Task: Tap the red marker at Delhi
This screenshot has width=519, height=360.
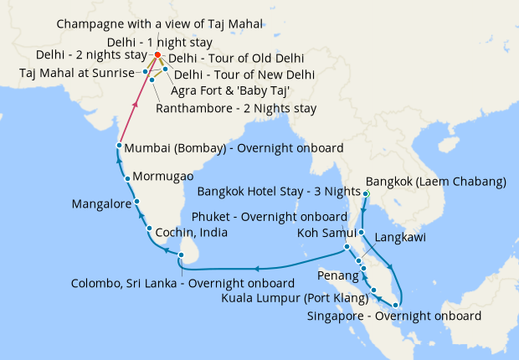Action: tap(158, 57)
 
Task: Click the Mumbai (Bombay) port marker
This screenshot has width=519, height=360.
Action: tap(119, 147)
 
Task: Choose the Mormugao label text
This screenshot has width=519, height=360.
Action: tap(163, 177)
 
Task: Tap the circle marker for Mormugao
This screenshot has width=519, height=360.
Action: tap(126, 177)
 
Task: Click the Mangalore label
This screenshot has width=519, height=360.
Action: tap(100, 203)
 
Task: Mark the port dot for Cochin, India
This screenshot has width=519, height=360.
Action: tap(149, 229)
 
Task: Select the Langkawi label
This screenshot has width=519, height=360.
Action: tap(401, 238)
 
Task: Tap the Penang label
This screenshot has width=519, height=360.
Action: tap(337, 275)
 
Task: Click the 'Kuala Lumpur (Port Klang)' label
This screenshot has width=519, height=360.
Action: tap(295, 297)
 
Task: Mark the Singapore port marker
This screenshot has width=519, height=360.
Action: tap(396, 306)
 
